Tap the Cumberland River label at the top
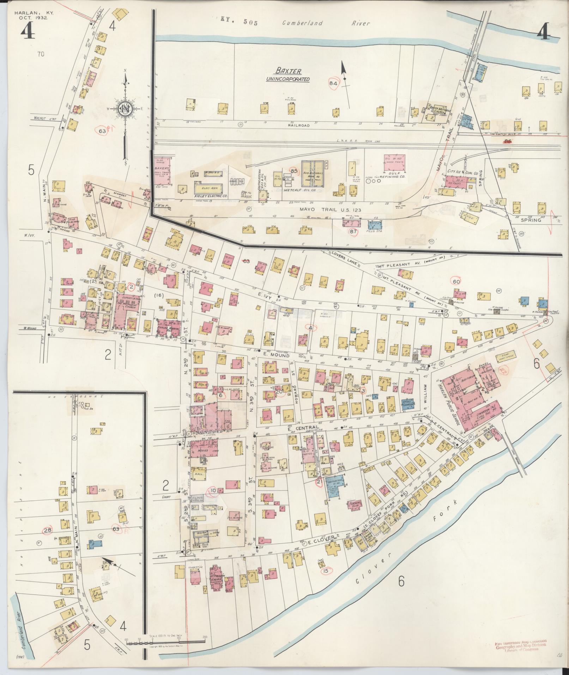pos(326,23)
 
